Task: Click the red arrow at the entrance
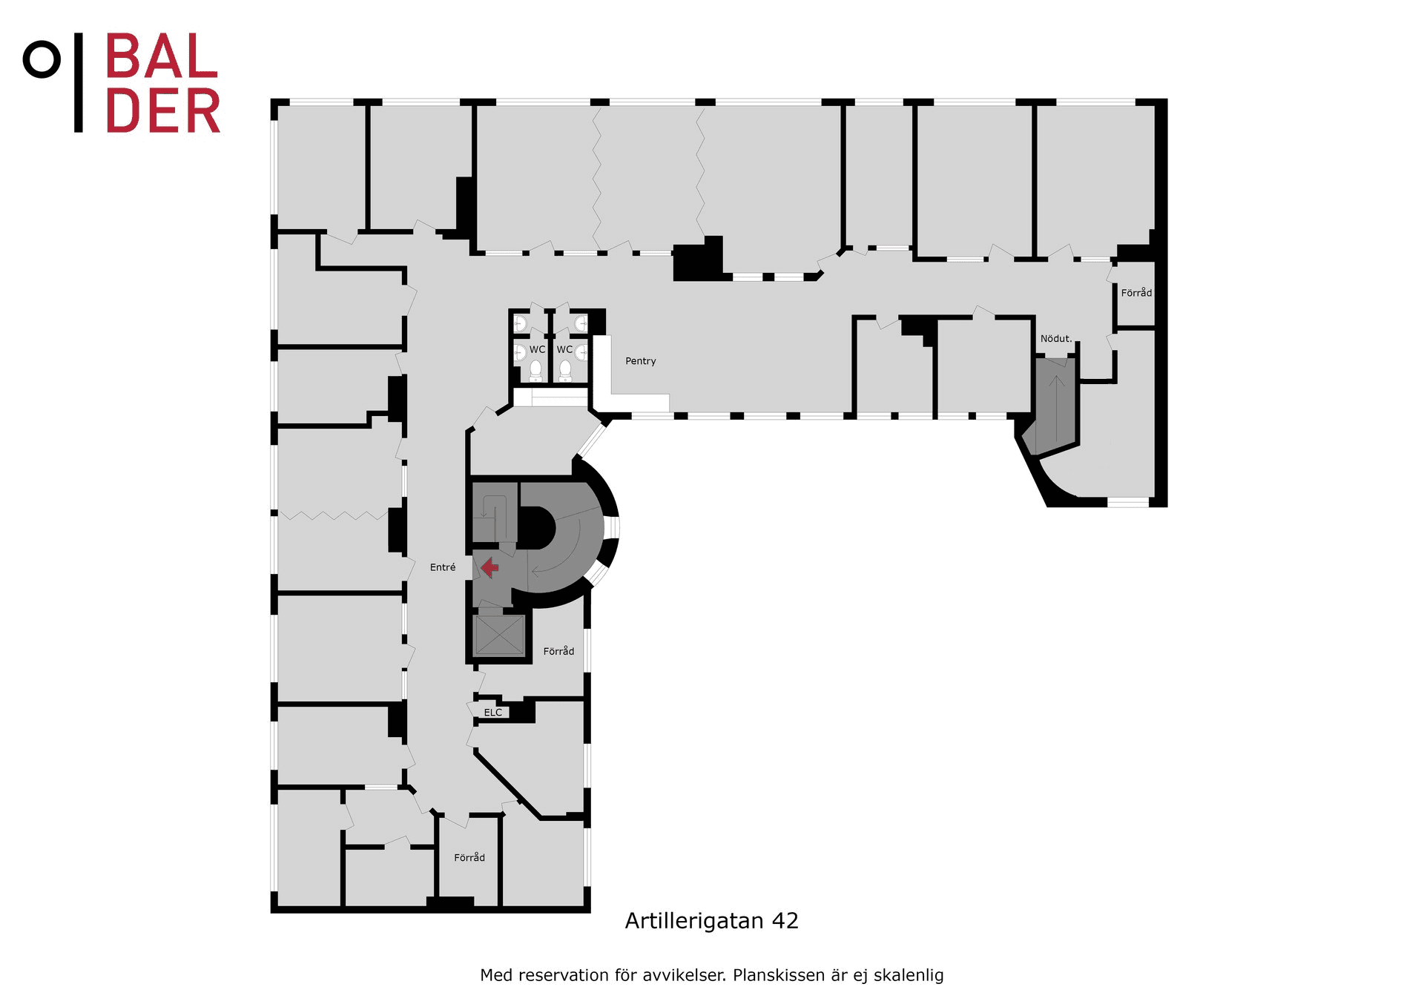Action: coord(489,568)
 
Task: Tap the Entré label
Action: coord(443,567)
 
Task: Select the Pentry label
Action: coord(641,361)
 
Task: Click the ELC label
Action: coord(493,713)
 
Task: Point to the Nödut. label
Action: coord(1056,339)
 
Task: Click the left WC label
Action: coord(537,349)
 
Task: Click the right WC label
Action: coord(564,349)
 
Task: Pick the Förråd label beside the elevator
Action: coord(558,651)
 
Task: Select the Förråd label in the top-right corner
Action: coord(1136,293)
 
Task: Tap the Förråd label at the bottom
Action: coord(469,857)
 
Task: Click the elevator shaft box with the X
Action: coord(500,635)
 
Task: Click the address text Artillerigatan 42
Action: coord(712,921)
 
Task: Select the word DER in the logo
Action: coord(163,110)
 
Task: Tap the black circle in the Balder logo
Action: coord(42,59)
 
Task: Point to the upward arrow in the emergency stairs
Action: coord(1056,409)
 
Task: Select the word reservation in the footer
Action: coord(564,975)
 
